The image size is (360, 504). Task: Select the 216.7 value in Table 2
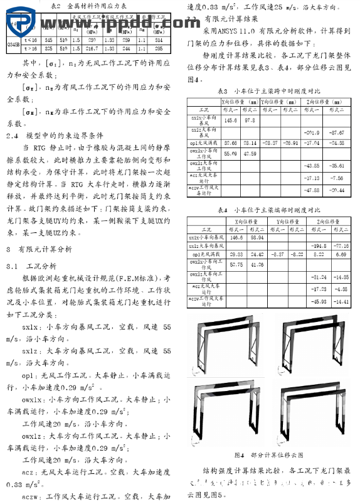pyautogui.click(x=92, y=48)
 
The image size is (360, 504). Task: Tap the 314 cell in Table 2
pyautogui.click(x=159, y=39)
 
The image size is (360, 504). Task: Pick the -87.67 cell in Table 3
pyautogui.click(x=336, y=132)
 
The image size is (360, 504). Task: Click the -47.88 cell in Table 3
pyautogui.click(x=310, y=190)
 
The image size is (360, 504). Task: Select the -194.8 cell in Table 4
pyautogui.click(x=310, y=246)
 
